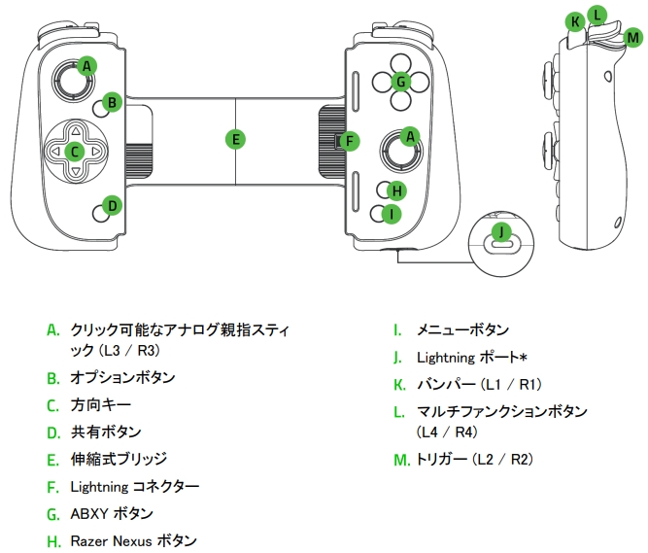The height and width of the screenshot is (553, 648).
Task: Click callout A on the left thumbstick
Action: (87, 66)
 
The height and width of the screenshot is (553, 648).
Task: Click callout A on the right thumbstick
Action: (410, 136)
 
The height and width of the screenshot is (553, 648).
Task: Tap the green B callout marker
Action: (113, 101)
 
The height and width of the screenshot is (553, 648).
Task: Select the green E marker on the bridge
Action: (235, 139)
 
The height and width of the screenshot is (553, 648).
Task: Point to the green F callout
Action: (350, 140)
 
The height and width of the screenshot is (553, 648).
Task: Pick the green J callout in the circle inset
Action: (500, 231)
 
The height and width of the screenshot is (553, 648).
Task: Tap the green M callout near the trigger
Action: (633, 37)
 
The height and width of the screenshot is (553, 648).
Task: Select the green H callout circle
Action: (392, 189)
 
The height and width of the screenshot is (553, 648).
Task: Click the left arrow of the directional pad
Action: (52, 151)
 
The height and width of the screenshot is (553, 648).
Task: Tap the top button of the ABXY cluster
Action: (399, 60)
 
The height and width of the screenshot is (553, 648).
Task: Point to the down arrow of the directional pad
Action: (74, 173)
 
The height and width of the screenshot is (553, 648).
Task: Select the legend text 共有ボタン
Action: (106, 432)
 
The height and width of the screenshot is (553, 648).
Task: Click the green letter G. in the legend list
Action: (52, 513)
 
